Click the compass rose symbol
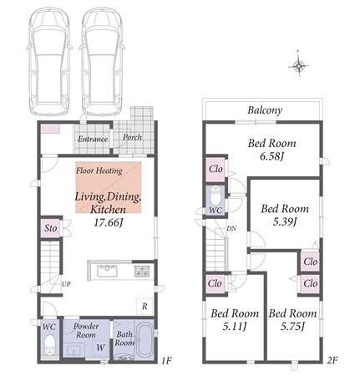(x=298, y=66)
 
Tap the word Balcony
(x=265, y=110)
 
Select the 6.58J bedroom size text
(x=271, y=156)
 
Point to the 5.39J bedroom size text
(x=285, y=221)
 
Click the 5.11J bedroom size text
(x=235, y=326)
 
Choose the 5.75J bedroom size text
(x=292, y=326)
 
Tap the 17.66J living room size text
(x=109, y=222)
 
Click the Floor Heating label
(x=99, y=170)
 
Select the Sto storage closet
(x=50, y=228)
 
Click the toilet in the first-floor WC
(x=50, y=345)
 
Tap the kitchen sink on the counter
(x=107, y=271)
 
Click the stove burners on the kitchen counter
(x=142, y=272)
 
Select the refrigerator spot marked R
(x=145, y=307)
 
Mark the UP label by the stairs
(x=66, y=284)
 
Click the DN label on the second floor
(x=231, y=229)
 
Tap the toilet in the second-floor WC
(x=215, y=196)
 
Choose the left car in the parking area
(x=49, y=61)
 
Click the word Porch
(x=132, y=138)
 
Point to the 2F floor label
(x=332, y=360)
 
